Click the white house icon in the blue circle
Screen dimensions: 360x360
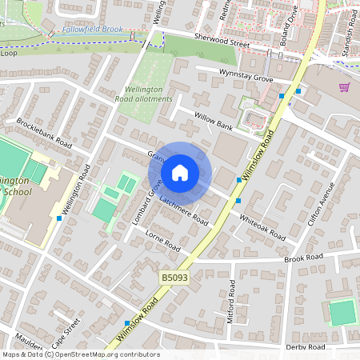coord(180,173)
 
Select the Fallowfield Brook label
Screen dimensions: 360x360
coord(94,30)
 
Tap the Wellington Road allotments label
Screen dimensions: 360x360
coord(148,94)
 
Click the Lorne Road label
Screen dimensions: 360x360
coord(162,244)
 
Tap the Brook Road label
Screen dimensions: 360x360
coord(305,258)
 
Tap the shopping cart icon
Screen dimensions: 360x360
coord(344,87)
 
